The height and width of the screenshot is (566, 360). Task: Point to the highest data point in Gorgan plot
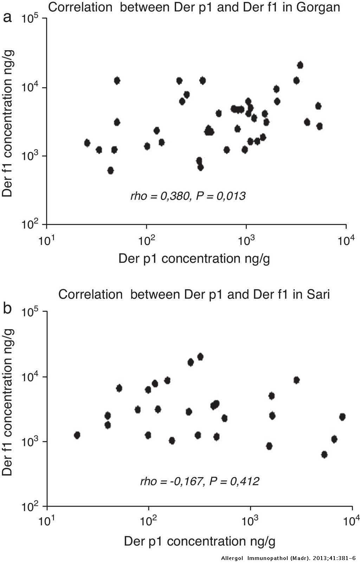(300, 65)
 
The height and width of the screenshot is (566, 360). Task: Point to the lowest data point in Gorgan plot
(110, 170)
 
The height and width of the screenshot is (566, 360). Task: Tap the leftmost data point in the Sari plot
(77, 435)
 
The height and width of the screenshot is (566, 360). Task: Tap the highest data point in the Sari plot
(200, 357)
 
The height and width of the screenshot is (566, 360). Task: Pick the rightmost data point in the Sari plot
(342, 417)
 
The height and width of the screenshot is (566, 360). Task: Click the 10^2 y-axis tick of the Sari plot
(31, 507)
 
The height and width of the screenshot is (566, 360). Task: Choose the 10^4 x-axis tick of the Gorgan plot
(346, 241)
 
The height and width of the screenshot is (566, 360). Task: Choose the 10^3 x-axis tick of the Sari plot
(250, 522)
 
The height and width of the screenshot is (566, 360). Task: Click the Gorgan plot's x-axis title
(194, 259)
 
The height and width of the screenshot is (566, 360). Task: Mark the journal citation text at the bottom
(288, 558)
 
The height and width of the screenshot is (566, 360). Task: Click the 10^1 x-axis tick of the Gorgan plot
(46, 241)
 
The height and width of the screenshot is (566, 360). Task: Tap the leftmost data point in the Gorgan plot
(87, 143)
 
